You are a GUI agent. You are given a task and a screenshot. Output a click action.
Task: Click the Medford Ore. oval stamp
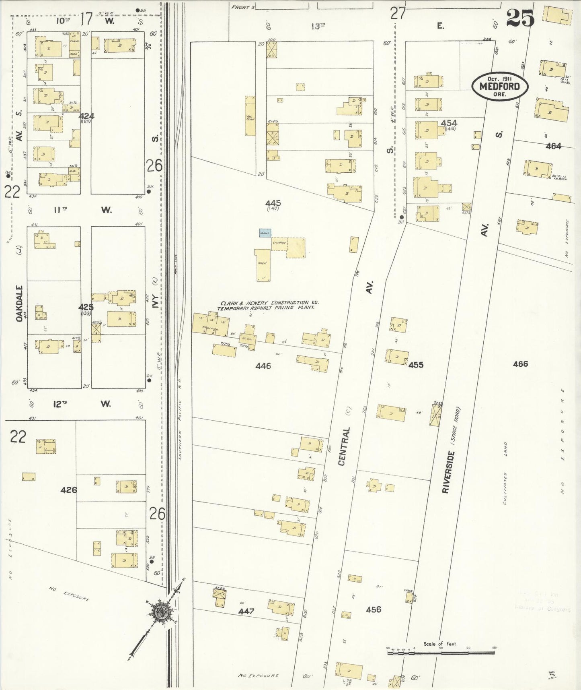pos(500,86)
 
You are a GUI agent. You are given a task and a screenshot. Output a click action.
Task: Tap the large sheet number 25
pos(520,18)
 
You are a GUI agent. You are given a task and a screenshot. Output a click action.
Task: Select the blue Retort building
pos(265,233)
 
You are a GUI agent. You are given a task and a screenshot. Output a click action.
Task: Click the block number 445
pos(273,203)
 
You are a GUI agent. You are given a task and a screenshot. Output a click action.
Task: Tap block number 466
pos(520,364)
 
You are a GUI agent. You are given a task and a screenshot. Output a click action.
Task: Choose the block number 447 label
pos(246,611)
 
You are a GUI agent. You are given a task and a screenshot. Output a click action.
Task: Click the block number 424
pos(87,116)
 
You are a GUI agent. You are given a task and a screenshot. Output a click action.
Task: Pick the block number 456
pos(373,609)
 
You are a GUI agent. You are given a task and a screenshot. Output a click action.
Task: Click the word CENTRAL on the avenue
pos(345,446)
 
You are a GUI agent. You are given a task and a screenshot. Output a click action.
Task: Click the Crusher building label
pos(279,243)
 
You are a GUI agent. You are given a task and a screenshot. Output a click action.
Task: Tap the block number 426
pos(69,490)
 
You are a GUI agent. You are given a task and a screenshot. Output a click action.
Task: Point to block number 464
pos(553,147)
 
